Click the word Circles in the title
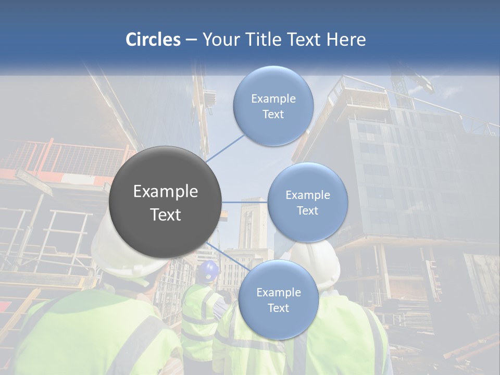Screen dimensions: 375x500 [153, 40]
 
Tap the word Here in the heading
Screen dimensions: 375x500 [346, 40]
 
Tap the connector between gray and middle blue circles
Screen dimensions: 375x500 [244, 202]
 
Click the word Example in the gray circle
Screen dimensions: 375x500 [165, 192]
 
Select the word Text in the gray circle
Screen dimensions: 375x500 [165, 215]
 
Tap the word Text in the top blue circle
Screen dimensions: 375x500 [273, 115]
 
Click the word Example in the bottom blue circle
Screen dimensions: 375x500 [278, 292]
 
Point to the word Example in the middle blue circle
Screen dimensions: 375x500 [307, 195]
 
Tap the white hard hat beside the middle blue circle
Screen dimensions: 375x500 [320, 263]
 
